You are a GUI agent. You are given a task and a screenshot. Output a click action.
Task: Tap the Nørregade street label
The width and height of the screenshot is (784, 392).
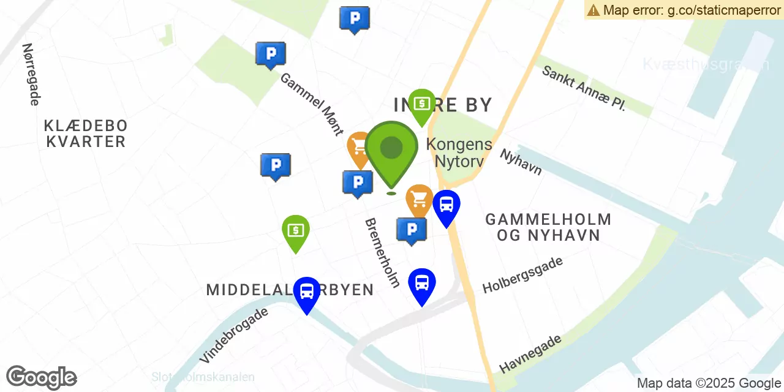pyautogui.click(x=31, y=74)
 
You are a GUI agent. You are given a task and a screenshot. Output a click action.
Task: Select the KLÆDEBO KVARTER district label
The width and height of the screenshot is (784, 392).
pyautogui.click(x=86, y=134)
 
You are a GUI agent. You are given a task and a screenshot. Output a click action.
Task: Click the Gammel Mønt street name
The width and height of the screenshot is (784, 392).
pyautogui.click(x=312, y=104)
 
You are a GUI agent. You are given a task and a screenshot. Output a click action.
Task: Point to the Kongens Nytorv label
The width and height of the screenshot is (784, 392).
pyautogui.click(x=459, y=153)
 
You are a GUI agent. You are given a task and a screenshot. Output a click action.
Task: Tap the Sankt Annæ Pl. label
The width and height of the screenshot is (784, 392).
pyautogui.click(x=584, y=88)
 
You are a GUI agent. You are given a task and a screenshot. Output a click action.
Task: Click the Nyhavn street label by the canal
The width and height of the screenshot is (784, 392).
pyautogui.click(x=521, y=162)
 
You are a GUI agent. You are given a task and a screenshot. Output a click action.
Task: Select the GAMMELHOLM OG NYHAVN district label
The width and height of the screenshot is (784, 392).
pyautogui.click(x=548, y=227)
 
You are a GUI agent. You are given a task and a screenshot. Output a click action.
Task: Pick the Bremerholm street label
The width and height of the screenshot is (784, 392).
pyautogui.click(x=382, y=252)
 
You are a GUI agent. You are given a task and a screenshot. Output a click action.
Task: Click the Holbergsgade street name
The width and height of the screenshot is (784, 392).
pyautogui.click(x=522, y=275)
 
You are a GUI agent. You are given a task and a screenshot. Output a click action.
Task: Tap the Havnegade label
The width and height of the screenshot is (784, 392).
pyautogui.click(x=530, y=353)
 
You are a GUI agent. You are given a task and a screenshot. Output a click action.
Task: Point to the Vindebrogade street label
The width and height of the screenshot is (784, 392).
pyautogui.click(x=233, y=335)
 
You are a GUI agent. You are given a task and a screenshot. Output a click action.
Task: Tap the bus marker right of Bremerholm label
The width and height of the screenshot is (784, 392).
pyautogui.click(x=422, y=283)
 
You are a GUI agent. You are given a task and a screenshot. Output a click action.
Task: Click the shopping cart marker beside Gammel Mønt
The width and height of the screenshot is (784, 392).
pyautogui.click(x=360, y=148)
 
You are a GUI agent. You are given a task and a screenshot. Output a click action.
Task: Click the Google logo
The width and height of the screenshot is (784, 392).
pyautogui.click(x=42, y=378)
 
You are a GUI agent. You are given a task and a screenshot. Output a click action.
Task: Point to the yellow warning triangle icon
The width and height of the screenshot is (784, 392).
pyautogui.click(x=593, y=10)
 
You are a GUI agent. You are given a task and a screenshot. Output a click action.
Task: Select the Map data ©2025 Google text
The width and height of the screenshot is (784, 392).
pyautogui.click(x=709, y=383)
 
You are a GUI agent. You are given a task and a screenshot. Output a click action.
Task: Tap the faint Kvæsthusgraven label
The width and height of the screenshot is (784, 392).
pyautogui.click(x=706, y=64)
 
